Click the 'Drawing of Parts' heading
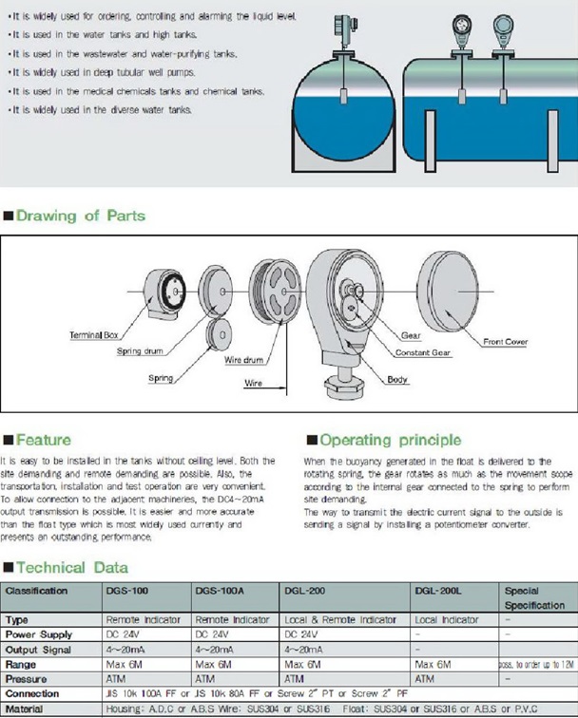point(80,217)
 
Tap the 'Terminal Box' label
point(94,335)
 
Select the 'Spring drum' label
point(141,351)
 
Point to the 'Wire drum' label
point(245,361)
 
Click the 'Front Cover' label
point(506,342)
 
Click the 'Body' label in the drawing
point(398,380)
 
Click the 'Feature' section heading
point(42,440)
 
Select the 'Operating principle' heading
point(390,440)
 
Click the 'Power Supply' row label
point(40,633)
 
